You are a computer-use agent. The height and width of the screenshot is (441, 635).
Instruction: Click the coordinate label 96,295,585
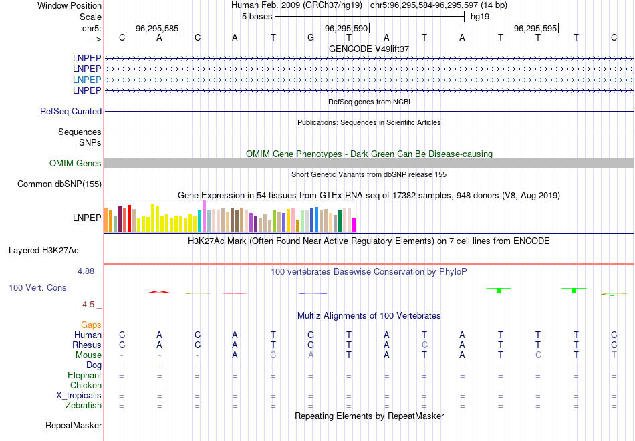coord(157,29)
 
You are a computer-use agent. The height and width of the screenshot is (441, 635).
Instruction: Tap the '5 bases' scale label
coord(257,16)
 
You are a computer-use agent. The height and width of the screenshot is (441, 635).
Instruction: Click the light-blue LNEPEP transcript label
coord(87,80)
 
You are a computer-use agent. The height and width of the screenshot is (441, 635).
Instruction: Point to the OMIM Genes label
coord(76,164)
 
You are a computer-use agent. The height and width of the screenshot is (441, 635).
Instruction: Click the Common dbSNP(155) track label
coord(59,184)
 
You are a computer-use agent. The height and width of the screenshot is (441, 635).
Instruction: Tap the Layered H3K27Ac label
coord(43,251)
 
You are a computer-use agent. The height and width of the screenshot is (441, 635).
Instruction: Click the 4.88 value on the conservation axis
coord(87,271)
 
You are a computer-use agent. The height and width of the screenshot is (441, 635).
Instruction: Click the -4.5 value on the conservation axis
coord(88,305)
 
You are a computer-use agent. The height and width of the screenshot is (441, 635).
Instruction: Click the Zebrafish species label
coord(84,406)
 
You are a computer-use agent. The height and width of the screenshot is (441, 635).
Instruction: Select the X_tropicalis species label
coord(79,396)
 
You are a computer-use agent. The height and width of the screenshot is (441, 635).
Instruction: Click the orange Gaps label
coord(91,325)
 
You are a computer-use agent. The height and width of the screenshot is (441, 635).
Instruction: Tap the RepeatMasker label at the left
coord(74,426)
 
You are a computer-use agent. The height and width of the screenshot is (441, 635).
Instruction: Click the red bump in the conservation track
coord(158,291)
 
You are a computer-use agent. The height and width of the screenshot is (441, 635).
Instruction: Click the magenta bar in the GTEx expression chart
coord(354,225)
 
